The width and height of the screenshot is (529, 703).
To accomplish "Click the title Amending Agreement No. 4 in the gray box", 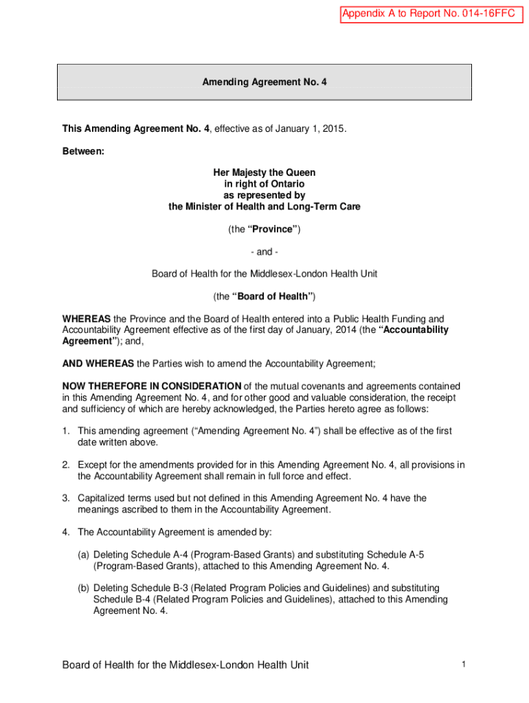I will pos(264,82).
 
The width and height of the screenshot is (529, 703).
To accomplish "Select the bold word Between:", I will pos(83,151).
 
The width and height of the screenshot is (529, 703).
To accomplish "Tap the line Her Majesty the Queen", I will pos(264,173).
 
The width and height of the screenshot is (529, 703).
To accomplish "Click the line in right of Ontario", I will pos(264,184).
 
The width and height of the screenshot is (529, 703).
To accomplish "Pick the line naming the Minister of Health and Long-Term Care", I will pos(264,207).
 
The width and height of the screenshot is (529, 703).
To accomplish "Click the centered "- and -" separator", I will pos(264,251).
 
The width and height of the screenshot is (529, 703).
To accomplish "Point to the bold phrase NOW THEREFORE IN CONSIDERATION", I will pos(152,386).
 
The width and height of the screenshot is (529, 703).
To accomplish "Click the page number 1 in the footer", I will pos(464,664).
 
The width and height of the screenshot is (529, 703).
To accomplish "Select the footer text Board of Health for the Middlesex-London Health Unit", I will pos(185,665).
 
